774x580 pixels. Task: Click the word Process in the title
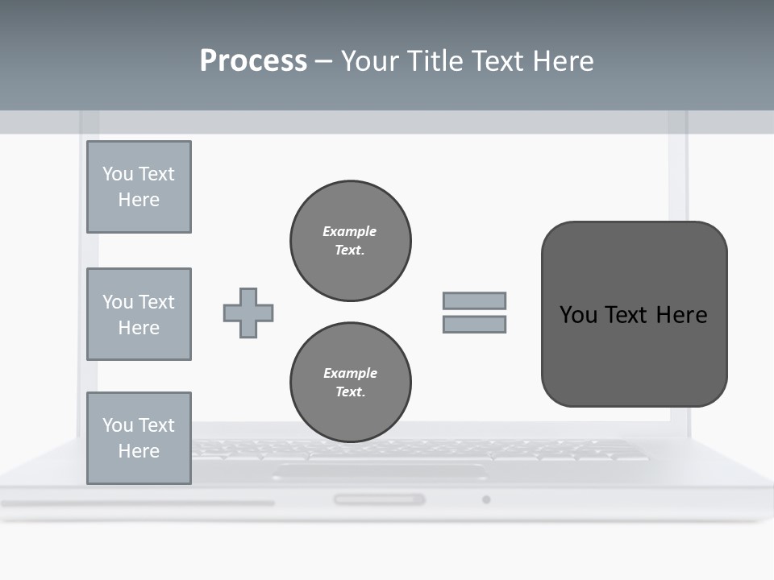click(253, 61)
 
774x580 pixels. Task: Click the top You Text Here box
click(139, 187)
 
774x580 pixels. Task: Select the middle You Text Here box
click(139, 314)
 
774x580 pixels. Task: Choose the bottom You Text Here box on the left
click(139, 438)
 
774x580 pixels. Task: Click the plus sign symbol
click(248, 313)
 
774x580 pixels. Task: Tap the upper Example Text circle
click(350, 241)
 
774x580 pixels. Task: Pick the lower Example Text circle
click(350, 383)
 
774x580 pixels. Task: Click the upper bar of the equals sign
click(474, 300)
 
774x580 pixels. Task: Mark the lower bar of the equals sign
click(474, 324)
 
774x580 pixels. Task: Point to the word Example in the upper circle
click(350, 231)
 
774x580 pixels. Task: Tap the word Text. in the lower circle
click(350, 392)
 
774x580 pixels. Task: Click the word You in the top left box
click(118, 174)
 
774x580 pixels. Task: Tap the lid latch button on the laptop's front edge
click(380, 499)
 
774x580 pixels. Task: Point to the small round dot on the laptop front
click(486, 499)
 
